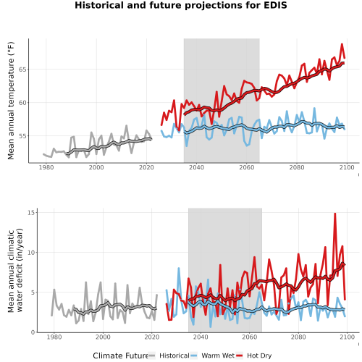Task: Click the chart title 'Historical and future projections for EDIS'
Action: coord(181,5)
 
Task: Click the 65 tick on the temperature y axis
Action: coord(22,70)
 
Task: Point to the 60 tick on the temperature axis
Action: coord(22,103)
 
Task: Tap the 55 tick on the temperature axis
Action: coord(22,136)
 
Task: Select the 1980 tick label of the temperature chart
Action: coord(46,167)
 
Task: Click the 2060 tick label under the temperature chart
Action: coord(247,167)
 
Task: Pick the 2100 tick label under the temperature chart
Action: coord(347,167)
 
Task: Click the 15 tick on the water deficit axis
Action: coord(31,212)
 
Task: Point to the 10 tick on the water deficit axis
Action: coord(31,253)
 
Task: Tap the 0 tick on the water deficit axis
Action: coord(33,332)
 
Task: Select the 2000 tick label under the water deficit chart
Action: coord(103,337)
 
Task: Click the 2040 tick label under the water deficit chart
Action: coord(201,337)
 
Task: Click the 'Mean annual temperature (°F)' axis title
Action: coord(11,101)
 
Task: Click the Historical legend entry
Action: coord(169,355)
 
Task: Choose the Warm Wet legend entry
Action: coord(212,355)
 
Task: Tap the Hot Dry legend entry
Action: coord(254,355)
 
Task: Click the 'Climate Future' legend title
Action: coord(120,355)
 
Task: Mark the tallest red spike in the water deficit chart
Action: coord(335,214)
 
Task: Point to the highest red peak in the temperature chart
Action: coord(342,44)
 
